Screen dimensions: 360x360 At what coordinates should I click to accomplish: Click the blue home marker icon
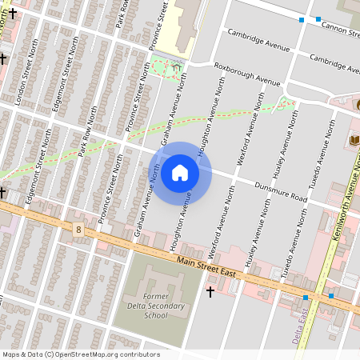click(180, 173)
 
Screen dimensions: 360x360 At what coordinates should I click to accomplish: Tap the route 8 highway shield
click(78, 230)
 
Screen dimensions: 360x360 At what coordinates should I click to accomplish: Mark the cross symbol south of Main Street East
click(210, 292)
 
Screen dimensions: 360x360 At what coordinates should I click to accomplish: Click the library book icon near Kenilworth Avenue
click(352, 141)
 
